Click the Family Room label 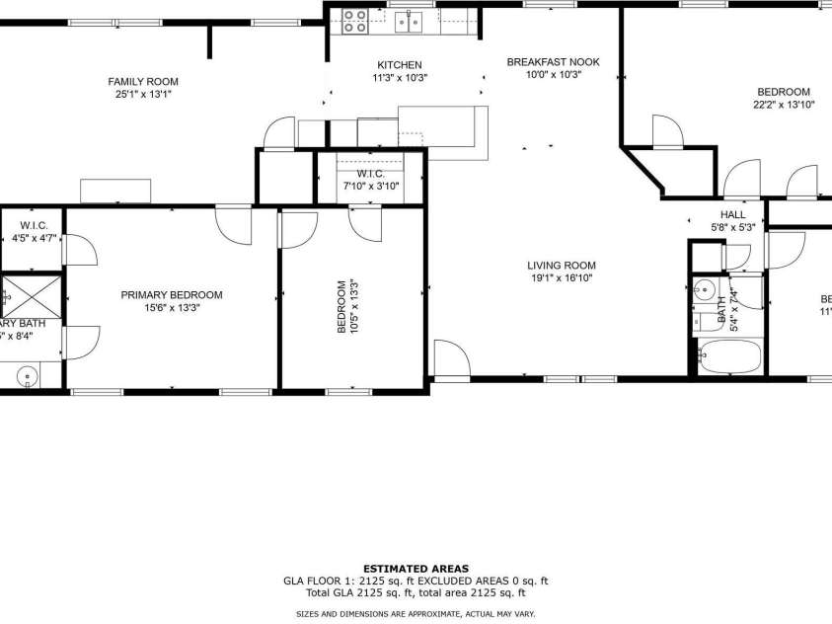pos(143,82)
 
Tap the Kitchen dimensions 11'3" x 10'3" pos(400,78)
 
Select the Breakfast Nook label pos(553,62)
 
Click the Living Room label pos(561,265)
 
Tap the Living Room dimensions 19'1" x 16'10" pos(561,278)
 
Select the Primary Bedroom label pos(172,294)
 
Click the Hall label pos(732,214)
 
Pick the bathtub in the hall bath pos(730,355)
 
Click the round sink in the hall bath pos(704,291)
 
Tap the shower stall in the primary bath pos(31,295)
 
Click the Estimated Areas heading pos(416,569)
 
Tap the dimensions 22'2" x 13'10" pos(784,104)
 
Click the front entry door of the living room pos(451,360)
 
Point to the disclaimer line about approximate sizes pos(416,614)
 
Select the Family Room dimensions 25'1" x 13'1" pos(143,95)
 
